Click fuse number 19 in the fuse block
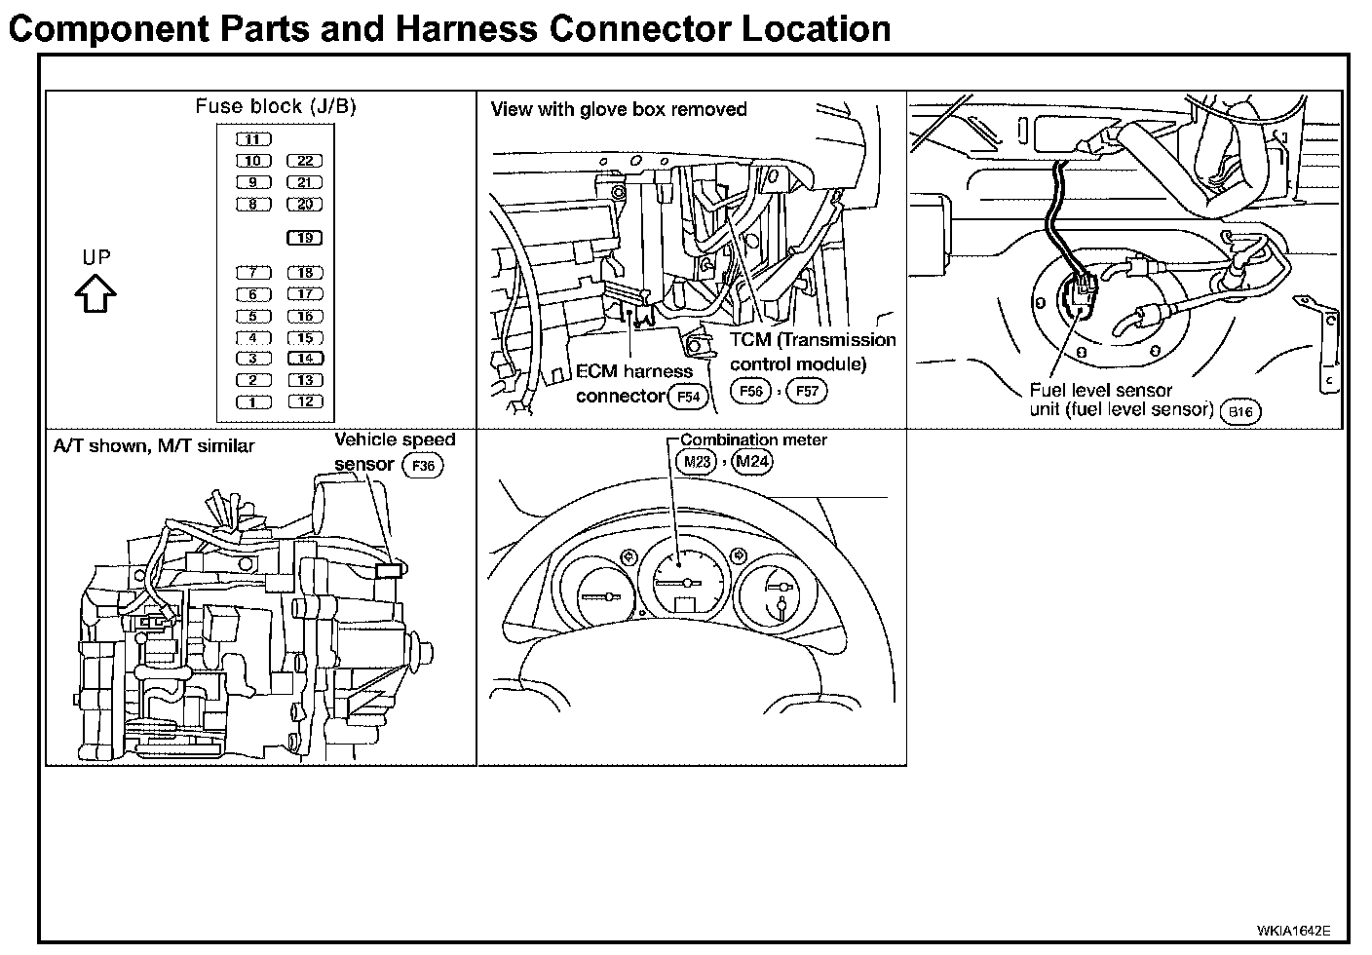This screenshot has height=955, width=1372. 305,238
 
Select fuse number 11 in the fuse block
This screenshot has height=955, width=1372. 252,139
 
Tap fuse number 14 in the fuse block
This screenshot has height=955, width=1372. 305,359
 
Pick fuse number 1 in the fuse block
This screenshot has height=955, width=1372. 252,401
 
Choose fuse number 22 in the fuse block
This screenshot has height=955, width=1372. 305,161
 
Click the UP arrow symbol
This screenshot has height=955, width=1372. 96,292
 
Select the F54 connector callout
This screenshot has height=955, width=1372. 687,397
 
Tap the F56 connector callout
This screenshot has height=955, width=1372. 750,392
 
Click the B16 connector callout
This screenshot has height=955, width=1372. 1239,412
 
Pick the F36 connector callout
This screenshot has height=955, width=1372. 423,466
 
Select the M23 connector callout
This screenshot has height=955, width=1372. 696,462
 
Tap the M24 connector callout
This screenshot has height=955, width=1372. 751,462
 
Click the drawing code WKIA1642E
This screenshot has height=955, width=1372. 1293,931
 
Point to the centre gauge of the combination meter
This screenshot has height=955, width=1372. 686,582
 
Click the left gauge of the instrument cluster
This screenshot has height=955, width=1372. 595,595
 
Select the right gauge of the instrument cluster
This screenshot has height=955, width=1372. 778,595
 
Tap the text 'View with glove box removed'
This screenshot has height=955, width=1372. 619,109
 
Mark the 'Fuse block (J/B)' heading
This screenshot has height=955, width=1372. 276,106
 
